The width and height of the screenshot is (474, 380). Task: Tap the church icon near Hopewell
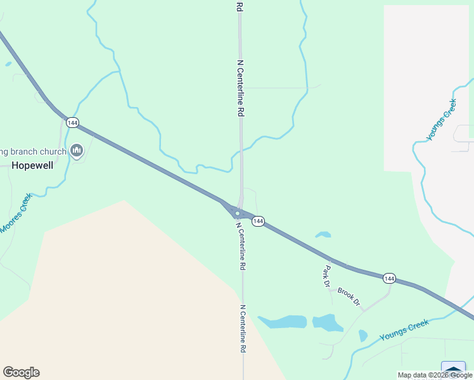pyautogui.click(x=77, y=151)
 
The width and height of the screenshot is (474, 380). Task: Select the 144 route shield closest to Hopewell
pyautogui.click(x=72, y=122)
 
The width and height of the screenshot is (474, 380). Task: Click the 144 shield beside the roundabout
pyautogui.click(x=257, y=221)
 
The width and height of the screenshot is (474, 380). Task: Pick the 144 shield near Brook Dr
pyautogui.click(x=389, y=278)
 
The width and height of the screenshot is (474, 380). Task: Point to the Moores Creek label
pyautogui.click(x=15, y=213)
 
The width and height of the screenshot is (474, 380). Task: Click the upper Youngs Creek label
pyautogui.click(x=441, y=120)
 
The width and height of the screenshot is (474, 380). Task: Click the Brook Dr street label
pyautogui.click(x=349, y=296)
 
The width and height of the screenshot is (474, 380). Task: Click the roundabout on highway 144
pyautogui.click(x=237, y=213)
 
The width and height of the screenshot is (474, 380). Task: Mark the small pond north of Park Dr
pyautogui.click(x=323, y=235)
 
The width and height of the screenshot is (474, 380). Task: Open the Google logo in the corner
pyautogui.click(x=21, y=372)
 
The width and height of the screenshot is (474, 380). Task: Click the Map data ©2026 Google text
pyautogui.click(x=435, y=375)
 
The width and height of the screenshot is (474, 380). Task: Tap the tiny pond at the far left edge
pyautogui.click(x=8, y=63)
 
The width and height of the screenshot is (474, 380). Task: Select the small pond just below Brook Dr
pyautogui.click(x=362, y=335)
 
